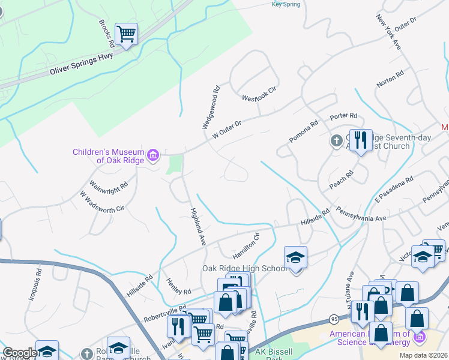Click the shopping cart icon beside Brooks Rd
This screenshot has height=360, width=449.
click(x=126, y=33)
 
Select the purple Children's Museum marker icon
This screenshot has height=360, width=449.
click(x=153, y=156)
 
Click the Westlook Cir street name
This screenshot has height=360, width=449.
click(x=259, y=94)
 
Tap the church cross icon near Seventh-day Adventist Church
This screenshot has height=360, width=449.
click(x=336, y=141)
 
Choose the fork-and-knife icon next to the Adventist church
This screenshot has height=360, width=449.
click(x=361, y=140)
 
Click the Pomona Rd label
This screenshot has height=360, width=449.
click(x=304, y=130)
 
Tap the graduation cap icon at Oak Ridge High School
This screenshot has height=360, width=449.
click(x=295, y=257)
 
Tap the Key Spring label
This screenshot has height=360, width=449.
click(x=285, y=4)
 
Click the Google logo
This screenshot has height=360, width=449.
click(x=20, y=353)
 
